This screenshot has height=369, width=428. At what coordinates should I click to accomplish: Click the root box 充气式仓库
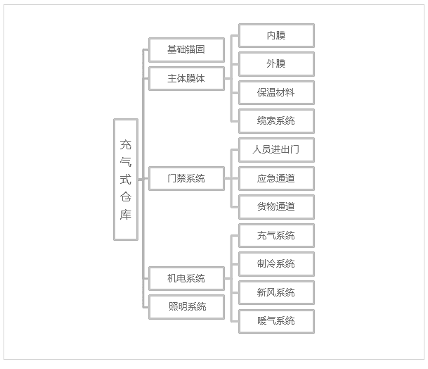(x=126, y=180)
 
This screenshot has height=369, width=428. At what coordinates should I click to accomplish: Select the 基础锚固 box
(x=186, y=50)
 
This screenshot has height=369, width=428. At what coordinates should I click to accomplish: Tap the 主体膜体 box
(x=186, y=79)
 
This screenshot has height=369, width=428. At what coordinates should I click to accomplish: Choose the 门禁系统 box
(x=186, y=178)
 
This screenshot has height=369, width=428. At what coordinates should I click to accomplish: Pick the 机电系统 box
(x=186, y=278)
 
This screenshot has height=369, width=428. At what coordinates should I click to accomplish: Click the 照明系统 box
(x=186, y=306)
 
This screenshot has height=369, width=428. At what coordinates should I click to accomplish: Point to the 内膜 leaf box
(x=276, y=35)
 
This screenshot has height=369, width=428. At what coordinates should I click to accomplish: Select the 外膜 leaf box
(x=276, y=64)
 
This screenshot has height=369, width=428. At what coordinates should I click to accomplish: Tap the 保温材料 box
(x=276, y=92)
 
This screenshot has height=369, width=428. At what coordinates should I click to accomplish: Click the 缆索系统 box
(x=276, y=121)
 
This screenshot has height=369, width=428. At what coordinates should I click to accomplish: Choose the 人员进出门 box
(x=276, y=150)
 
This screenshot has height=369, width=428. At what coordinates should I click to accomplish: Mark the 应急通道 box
(x=276, y=178)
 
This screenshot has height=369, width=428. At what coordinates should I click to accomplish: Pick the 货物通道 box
(x=276, y=207)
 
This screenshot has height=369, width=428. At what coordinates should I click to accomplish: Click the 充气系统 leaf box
(x=276, y=235)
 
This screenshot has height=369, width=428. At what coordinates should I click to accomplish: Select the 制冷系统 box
(x=276, y=264)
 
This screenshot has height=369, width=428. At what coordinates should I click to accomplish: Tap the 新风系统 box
(x=276, y=292)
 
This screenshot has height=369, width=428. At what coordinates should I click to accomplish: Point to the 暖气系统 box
(x=276, y=321)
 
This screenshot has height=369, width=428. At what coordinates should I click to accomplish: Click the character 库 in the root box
(x=126, y=215)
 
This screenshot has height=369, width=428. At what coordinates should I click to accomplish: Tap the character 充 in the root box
(x=126, y=145)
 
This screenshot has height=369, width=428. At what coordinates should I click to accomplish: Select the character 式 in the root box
(x=126, y=180)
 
